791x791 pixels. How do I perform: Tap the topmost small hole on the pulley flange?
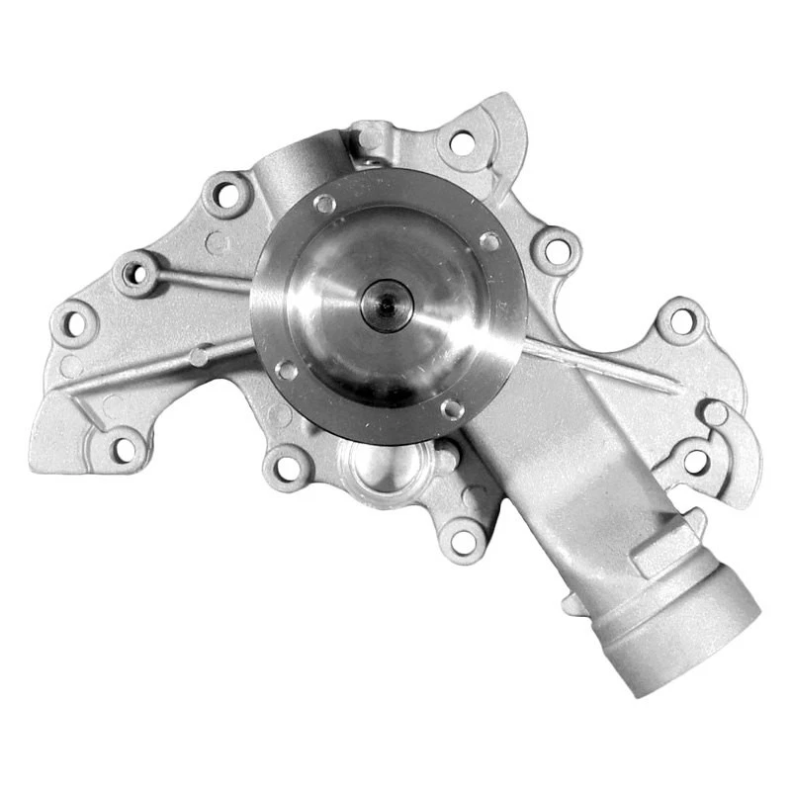coord(323,204)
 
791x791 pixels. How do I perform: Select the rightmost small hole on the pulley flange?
coord(489,240)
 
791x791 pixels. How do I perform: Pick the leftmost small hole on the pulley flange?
coord(286,370)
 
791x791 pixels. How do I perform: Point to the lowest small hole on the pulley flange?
coord(452,407)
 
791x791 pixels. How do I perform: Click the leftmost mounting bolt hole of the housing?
coord(75,320)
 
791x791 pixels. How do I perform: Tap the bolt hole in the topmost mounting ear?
coord(462,143)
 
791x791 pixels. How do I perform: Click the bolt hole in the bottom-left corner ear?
coord(125,449)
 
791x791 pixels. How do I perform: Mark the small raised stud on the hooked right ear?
coord(714,413)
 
